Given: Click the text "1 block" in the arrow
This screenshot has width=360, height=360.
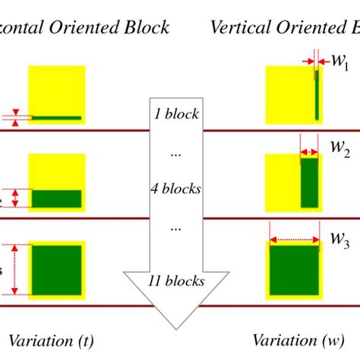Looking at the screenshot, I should click(x=175, y=115).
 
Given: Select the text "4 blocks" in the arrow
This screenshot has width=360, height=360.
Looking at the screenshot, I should click(x=175, y=189).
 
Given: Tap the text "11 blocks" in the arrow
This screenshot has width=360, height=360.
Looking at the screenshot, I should click(x=175, y=280).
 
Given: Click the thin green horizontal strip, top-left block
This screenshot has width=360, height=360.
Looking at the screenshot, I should click(x=56, y=118).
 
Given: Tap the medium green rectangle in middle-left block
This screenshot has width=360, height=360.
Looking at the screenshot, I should click(x=56, y=198).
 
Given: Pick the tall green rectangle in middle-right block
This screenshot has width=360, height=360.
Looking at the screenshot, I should click(x=309, y=182).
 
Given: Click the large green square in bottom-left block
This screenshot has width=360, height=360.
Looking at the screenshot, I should click(x=56, y=270).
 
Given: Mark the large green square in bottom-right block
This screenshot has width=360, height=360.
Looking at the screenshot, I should click(x=293, y=270).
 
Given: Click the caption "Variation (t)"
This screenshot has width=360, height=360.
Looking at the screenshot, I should click(x=50, y=339).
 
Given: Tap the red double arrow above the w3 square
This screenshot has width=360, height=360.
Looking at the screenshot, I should click(x=293, y=240).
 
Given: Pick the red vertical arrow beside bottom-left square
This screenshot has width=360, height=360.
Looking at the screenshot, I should click(x=14, y=269).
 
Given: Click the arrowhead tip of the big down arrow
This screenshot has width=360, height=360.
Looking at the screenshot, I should click(x=175, y=321).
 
